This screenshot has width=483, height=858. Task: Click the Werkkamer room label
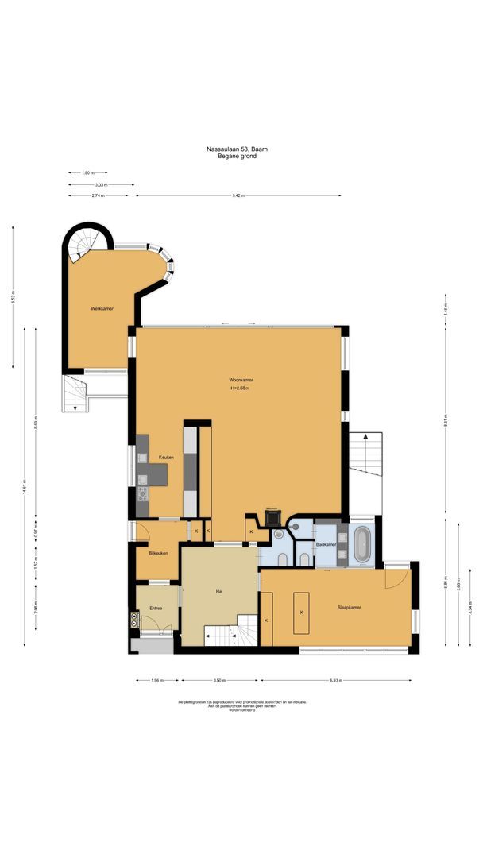tap(101, 308)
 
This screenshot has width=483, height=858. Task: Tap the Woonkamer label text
tap(240, 381)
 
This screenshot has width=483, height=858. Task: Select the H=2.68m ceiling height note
tap(240, 388)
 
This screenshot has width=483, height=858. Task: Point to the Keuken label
tap(166, 458)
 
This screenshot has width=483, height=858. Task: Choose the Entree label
tap(156, 609)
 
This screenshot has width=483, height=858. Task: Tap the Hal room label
tap(218, 592)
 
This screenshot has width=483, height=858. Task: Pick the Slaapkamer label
tap(350, 608)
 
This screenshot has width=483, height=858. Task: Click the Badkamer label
tap(326, 545)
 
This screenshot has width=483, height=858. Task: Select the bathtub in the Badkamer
tap(361, 544)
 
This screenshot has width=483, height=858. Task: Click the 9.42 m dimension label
tap(238, 195)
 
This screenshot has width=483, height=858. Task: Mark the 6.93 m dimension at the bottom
tap(334, 681)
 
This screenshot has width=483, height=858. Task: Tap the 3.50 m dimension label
tap(219, 681)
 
